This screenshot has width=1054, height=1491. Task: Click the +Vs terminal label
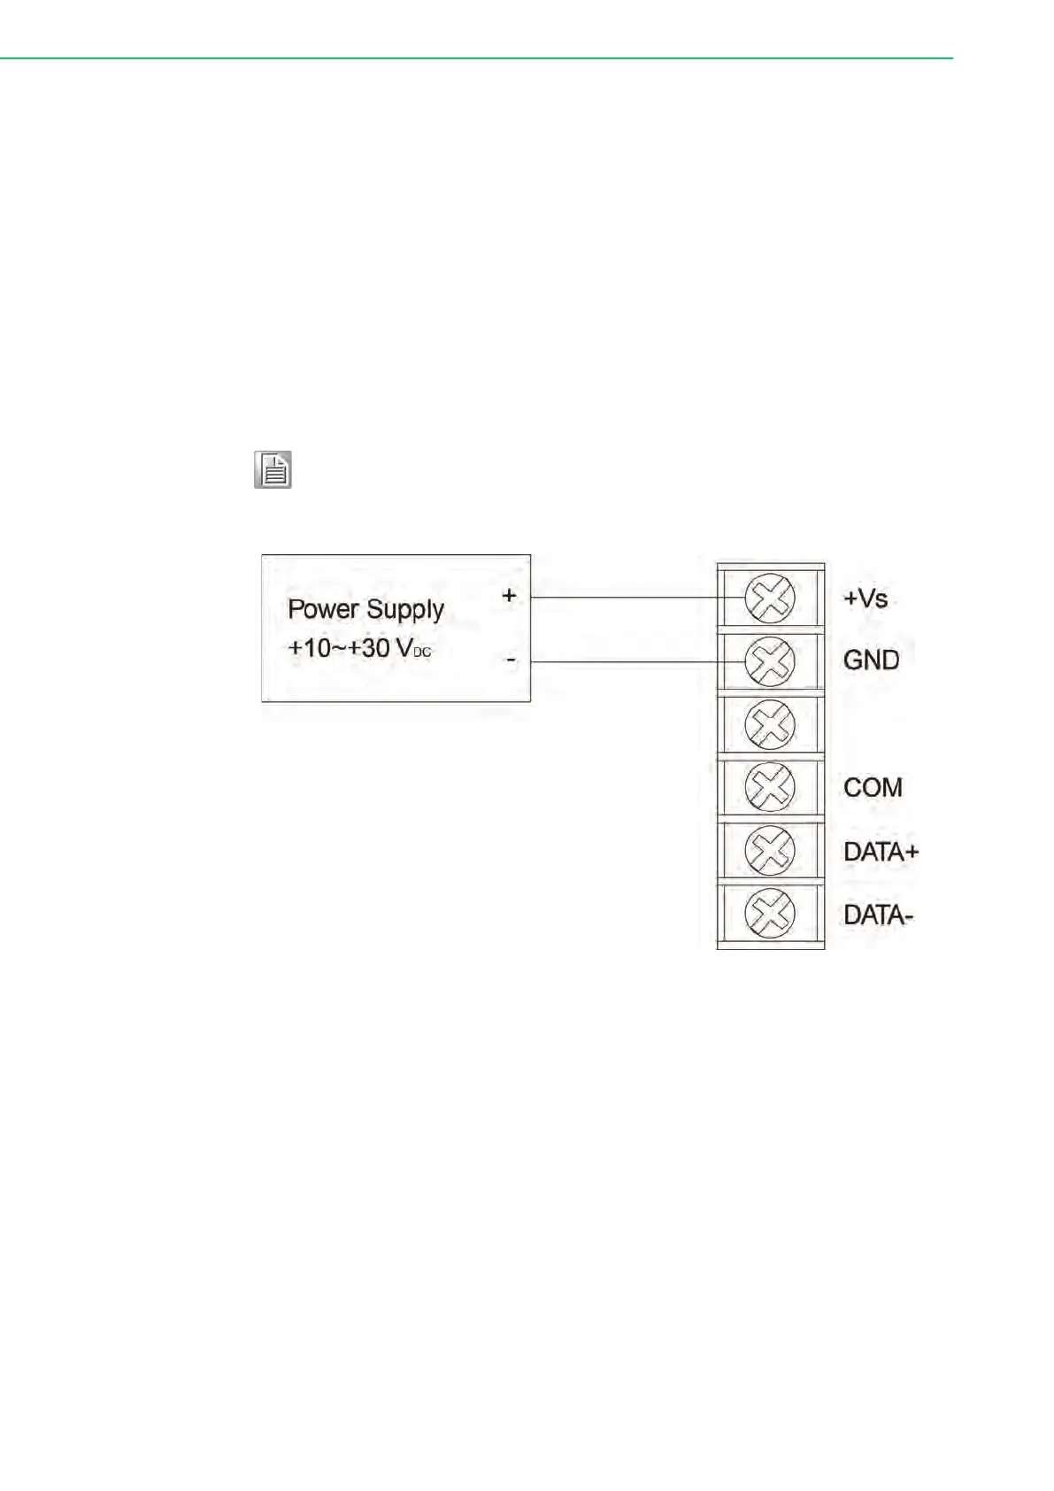pos(865,599)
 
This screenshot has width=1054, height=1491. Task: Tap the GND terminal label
pos(871,661)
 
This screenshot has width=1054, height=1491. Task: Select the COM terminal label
pos(873,787)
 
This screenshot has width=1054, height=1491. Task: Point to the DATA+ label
pos(881,852)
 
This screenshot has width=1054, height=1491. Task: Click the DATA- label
pos(877,915)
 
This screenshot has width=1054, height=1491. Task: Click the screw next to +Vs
pos(770,599)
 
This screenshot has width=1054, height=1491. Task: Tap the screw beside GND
pos(770,661)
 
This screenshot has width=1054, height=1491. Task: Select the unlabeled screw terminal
pos(770,724)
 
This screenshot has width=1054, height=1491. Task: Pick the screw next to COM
pos(770,787)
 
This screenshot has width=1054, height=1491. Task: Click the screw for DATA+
pos(770,851)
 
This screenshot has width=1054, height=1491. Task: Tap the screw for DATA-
pos(770,914)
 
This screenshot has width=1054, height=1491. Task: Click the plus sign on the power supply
pos(509,596)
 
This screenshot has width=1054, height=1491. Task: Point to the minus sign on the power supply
pos(511,661)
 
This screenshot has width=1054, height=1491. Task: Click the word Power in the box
pos(324,609)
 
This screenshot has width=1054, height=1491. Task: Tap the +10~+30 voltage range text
pos(339,648)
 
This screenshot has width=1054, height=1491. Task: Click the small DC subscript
pos(422,653)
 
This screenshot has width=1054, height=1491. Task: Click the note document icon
pos(273,470)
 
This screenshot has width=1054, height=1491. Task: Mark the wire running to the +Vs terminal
pos(624,598)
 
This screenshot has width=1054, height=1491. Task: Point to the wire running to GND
pos(624,661)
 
